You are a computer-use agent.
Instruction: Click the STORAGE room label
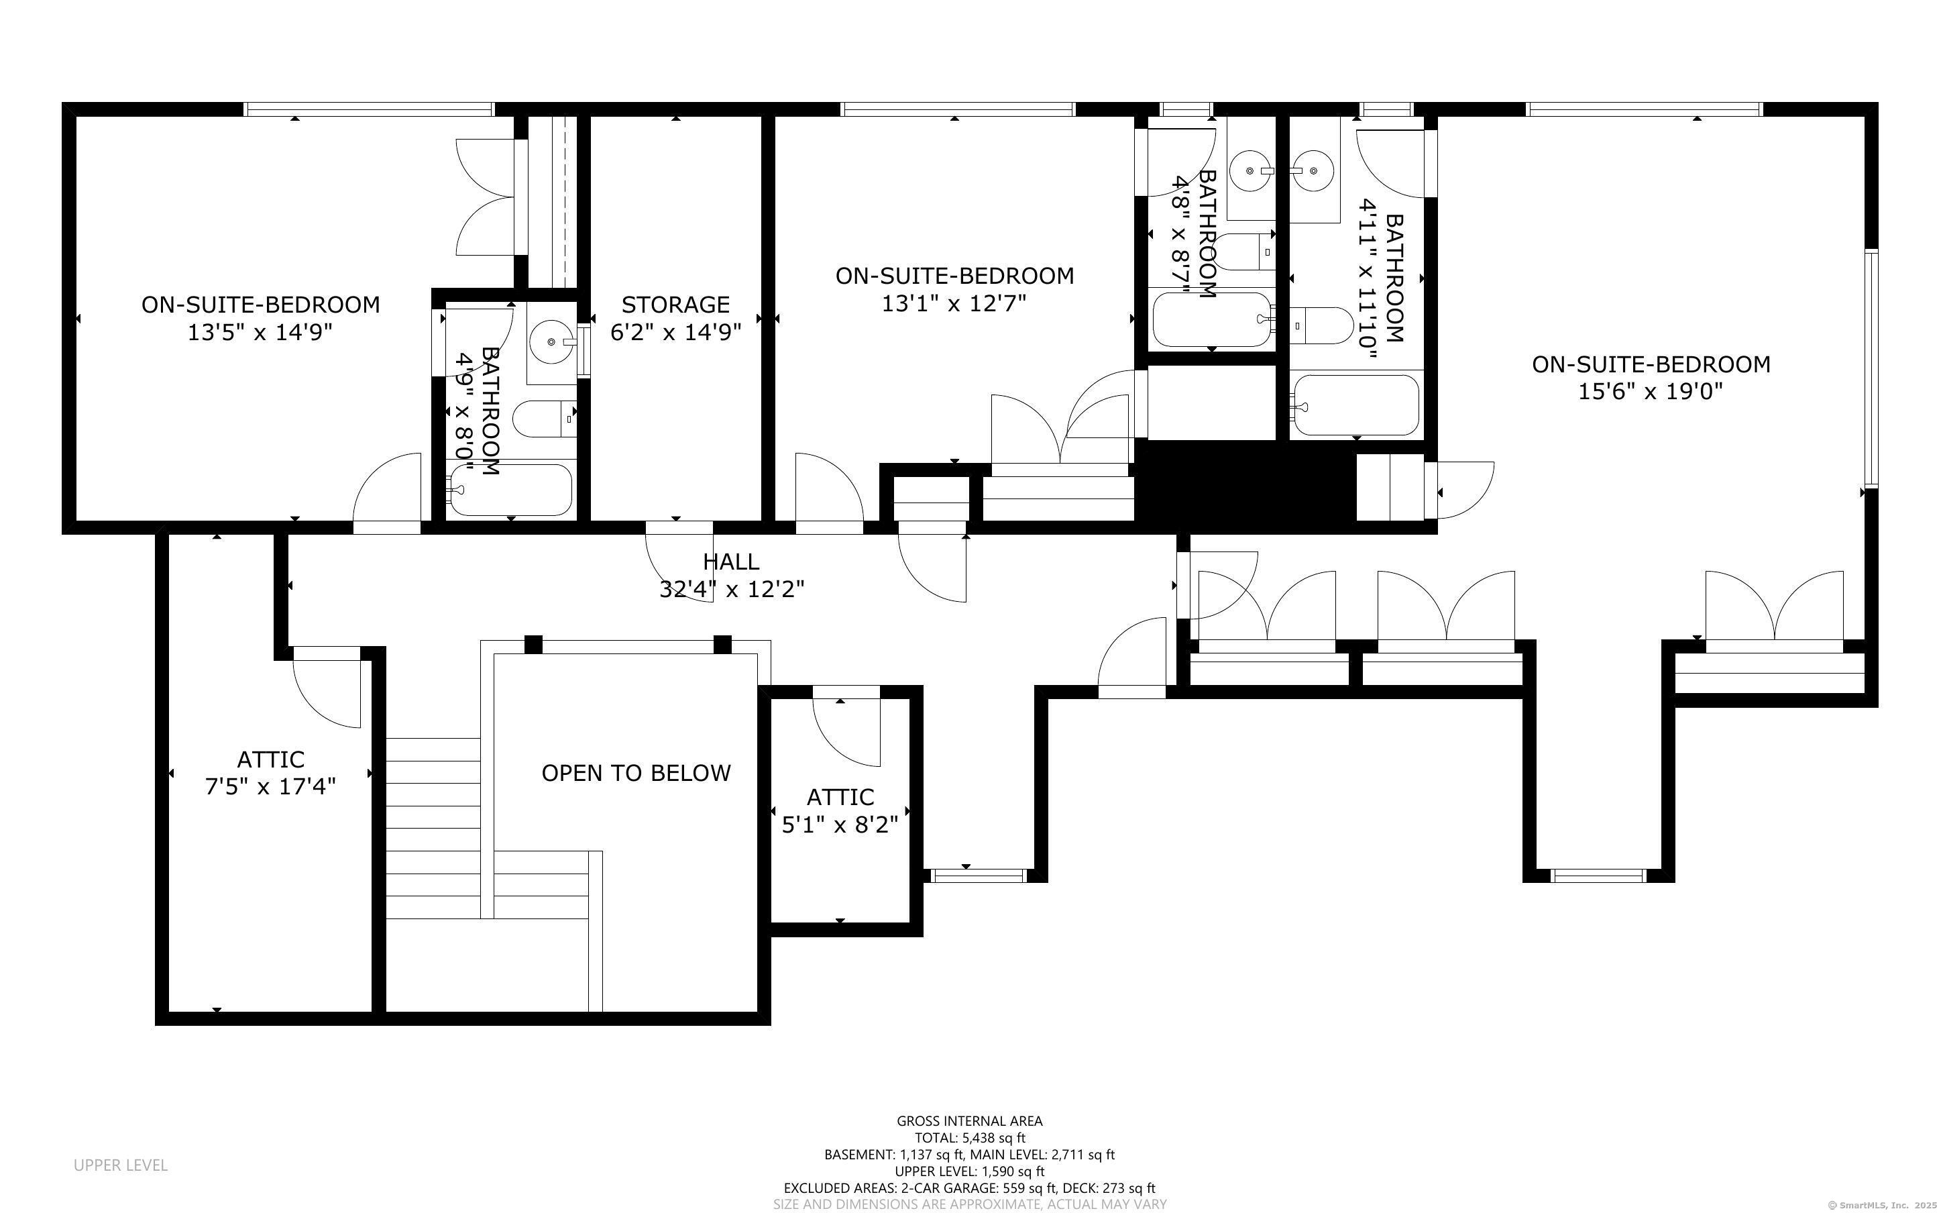[675, 305]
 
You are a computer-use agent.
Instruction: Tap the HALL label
[730, 562]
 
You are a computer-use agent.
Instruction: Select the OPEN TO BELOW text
[636, 773]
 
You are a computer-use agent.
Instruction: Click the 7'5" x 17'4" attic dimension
[270, 786]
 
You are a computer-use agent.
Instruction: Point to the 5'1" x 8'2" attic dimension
[840, 824]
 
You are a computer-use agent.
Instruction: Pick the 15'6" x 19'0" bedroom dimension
[1651, 392]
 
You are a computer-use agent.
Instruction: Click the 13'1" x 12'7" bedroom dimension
[954, 303]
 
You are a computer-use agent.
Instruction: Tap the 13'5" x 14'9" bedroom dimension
[260, 332]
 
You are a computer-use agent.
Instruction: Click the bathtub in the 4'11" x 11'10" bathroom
[1355, 405]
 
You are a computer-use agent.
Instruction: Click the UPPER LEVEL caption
[121, 1165]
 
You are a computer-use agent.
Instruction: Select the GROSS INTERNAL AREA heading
[969, 1120]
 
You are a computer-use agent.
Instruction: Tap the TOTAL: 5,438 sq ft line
[970, 1138]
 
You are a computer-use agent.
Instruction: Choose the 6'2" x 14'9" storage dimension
[675, 332]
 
